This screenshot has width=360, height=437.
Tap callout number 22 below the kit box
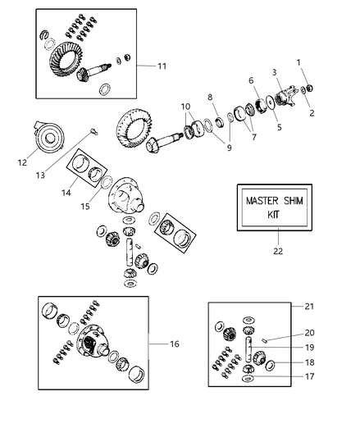tap(278, 251)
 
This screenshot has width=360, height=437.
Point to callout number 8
tap(211, 96)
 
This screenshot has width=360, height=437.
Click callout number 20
tap(309, 333)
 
